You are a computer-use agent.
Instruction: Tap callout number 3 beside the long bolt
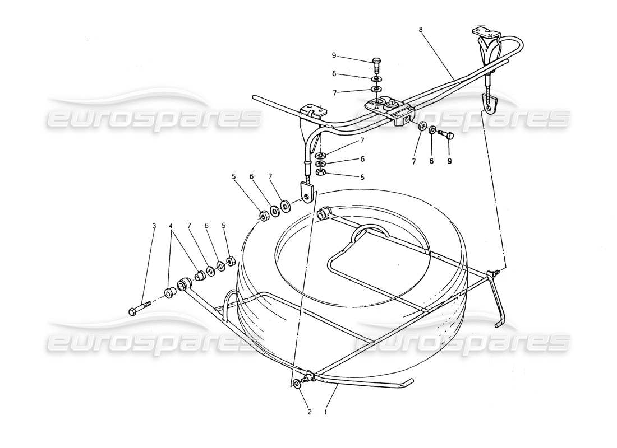pyautogui.click(x=153, y=226)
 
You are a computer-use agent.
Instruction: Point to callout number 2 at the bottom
pyautogui.click(x=308, y=412)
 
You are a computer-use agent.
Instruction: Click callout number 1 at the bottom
pyautogui.click(x=326, y=412)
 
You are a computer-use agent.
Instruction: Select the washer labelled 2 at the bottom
pyautogui.click(x=296, y=384)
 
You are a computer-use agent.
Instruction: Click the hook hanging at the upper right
pyautogui.click(x=490, y=102)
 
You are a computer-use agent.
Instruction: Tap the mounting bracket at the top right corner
pyautogui.click(x=484, y=33)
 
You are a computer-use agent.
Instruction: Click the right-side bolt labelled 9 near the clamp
pyautogui.click(x=444, y=134)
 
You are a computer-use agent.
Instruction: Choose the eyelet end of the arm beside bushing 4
pyautogui.click(x=184, y=284)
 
